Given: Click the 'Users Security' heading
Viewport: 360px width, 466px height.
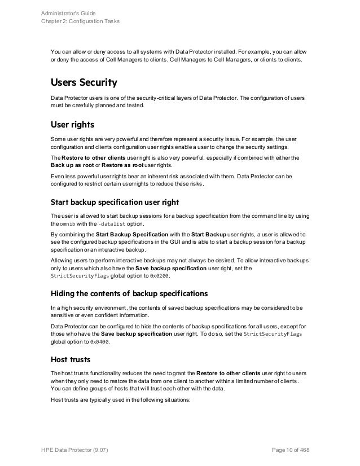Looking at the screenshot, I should click(84, 83).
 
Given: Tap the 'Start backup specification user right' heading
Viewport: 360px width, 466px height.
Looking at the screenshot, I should click(122, 203).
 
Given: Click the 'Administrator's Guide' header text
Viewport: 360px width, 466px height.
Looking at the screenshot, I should click(69, 12).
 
